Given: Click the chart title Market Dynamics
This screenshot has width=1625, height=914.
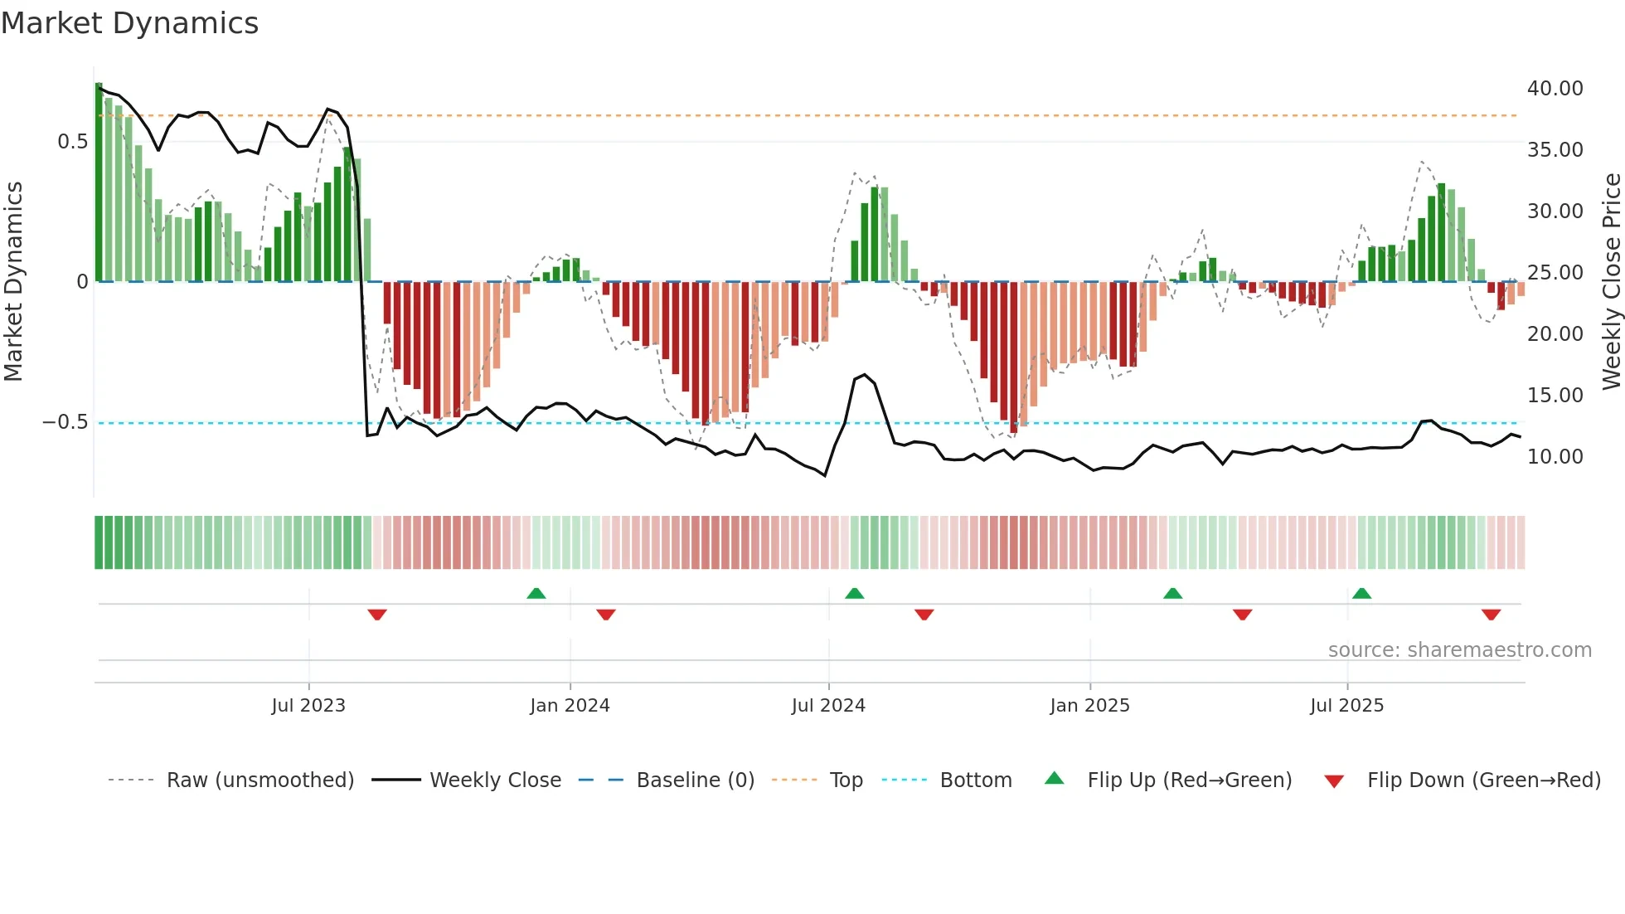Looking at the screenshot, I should pos(129,23).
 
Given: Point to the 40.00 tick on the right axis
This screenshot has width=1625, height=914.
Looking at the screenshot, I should pos(1555,89).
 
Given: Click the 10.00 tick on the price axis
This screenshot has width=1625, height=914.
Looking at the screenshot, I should pos(1555,457).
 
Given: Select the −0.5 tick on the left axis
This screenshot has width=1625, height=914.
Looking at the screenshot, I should pos(65,422).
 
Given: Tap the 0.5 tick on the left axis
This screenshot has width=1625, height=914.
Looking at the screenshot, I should pos(72,142).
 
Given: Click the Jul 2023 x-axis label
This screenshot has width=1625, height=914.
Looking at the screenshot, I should pos(308,706).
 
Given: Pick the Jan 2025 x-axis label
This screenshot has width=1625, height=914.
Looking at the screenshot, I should pos(1089,706).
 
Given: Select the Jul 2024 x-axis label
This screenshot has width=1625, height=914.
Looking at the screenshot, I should pos(827,706).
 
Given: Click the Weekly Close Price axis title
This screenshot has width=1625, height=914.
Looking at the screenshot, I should pos(1611,281).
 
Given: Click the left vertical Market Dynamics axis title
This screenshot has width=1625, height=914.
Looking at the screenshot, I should pos(13,281).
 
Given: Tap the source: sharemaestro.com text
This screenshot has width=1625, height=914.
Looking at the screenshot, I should pos(1459,650).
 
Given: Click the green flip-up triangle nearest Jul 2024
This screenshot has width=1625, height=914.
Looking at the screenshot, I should pos(854,593).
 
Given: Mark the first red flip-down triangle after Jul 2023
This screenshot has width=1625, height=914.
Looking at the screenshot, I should pos(377,615).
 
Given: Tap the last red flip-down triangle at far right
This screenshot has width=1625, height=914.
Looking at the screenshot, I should pos(1491,615).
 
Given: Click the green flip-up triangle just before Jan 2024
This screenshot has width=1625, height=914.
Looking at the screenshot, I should pos(536,593).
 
